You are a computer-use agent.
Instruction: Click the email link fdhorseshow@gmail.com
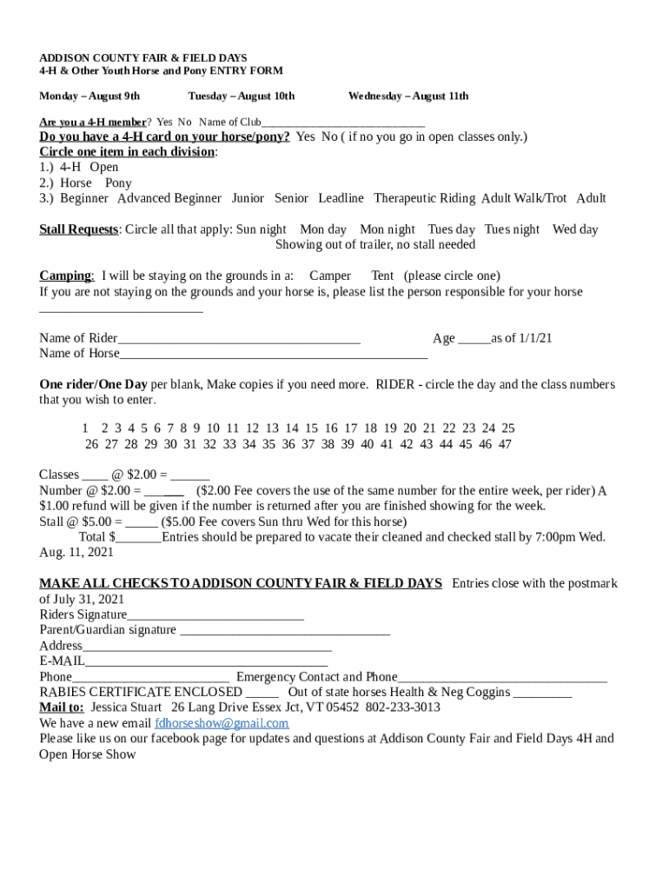[222, 723]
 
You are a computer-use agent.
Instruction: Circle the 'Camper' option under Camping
[330, 276]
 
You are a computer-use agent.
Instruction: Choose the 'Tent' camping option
[382, 276]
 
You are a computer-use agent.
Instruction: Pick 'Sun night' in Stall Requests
[262, 229]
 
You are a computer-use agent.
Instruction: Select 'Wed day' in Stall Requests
[575, 229]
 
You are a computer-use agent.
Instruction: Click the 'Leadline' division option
[341, 198]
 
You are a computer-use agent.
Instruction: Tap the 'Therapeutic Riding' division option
[424, 198]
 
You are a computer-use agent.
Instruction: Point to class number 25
[508, 428]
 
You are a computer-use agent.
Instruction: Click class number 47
[505, 444]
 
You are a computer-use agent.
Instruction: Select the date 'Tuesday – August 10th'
[241, 96]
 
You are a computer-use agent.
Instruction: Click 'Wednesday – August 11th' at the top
[407, 96]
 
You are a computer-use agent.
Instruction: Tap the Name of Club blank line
[343, 123]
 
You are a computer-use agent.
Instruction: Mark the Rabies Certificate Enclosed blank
[262, 694]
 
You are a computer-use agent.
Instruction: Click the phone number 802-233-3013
[402, 707]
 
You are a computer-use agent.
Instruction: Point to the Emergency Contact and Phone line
[502, 678]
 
